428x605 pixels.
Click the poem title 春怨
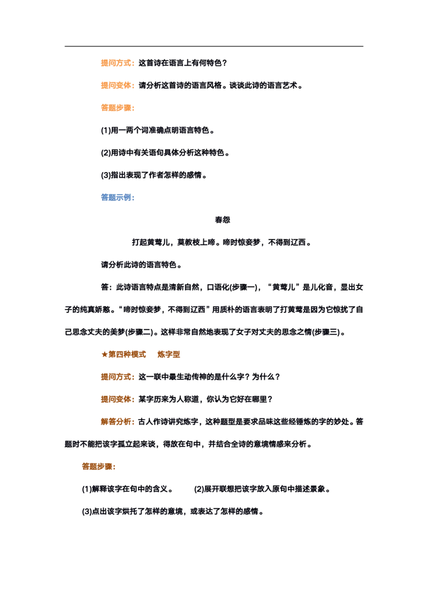pos(223,220)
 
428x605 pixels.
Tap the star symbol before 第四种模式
pos(104,354)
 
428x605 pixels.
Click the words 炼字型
pos(169,354)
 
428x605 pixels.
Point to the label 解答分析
pos(116,422)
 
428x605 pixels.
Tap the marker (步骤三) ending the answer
pos(326,332)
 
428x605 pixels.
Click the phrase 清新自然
pos(184,287)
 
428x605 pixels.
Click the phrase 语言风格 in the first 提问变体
pos(207,86)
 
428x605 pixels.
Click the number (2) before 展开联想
pos(199,489)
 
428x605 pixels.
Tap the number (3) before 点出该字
pos(87,511)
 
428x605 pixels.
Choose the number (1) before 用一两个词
pos(106,130)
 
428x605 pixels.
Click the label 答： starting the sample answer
pos(106,287)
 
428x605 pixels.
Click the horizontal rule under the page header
pos(214,46)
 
